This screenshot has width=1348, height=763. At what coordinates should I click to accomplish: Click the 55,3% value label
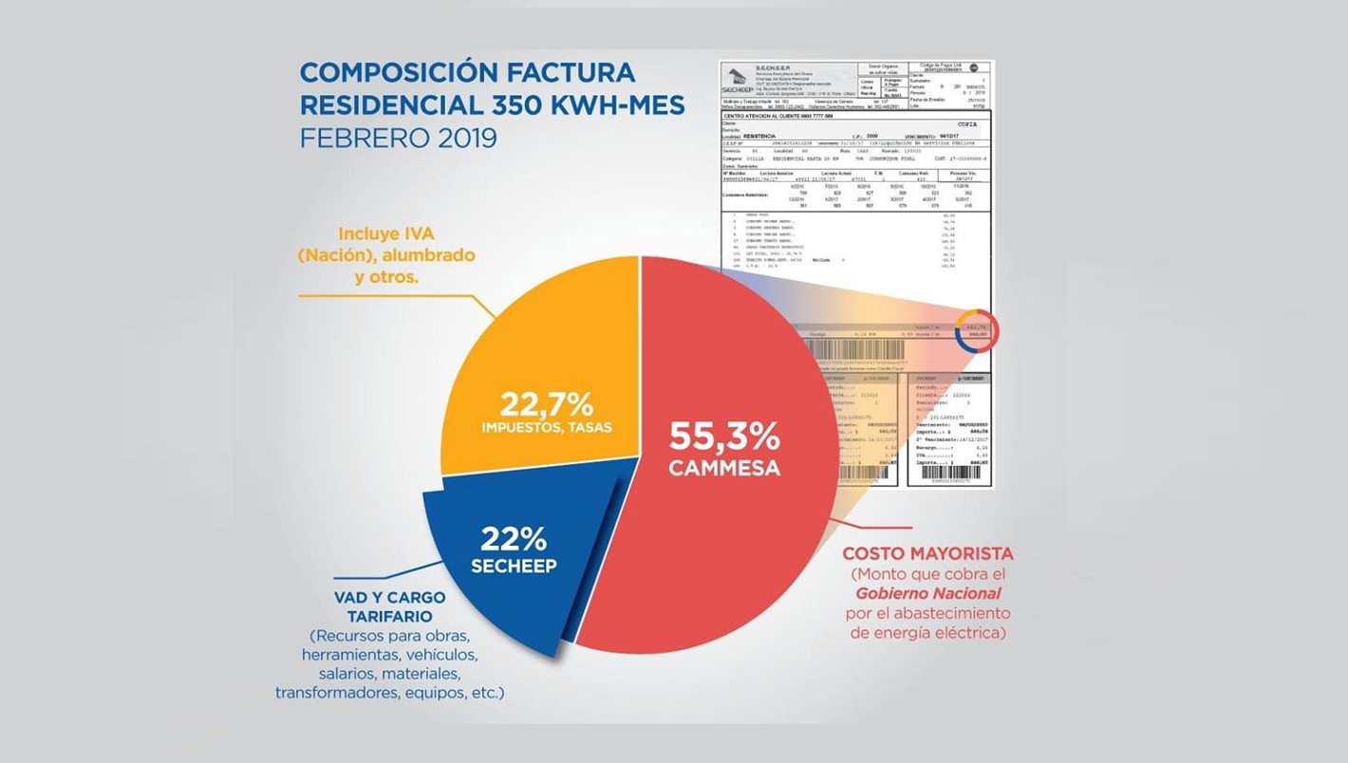click(x=724, y=436)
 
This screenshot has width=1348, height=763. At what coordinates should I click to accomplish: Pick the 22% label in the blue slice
click(x=514, y=539)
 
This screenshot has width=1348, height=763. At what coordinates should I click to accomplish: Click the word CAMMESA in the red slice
click(x=724, y=468)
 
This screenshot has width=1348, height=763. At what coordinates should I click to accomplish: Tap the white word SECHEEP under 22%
click(x=514, y=566)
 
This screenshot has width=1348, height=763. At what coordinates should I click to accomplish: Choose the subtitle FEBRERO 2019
click(x=398, y=138)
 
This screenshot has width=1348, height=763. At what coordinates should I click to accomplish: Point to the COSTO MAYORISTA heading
click(x=927, y=553)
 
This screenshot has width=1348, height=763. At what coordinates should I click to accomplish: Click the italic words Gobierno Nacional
click(x=927, y=593)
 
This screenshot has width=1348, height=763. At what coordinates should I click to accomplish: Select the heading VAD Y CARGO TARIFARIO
click(x=389, y=607)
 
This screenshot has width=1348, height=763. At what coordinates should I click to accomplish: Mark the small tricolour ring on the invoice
click(x=977, y=331)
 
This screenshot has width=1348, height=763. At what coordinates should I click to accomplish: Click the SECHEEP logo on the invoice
click(x=741, y=81)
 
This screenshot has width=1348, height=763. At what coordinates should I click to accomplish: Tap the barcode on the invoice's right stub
click(x=949, y=472)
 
